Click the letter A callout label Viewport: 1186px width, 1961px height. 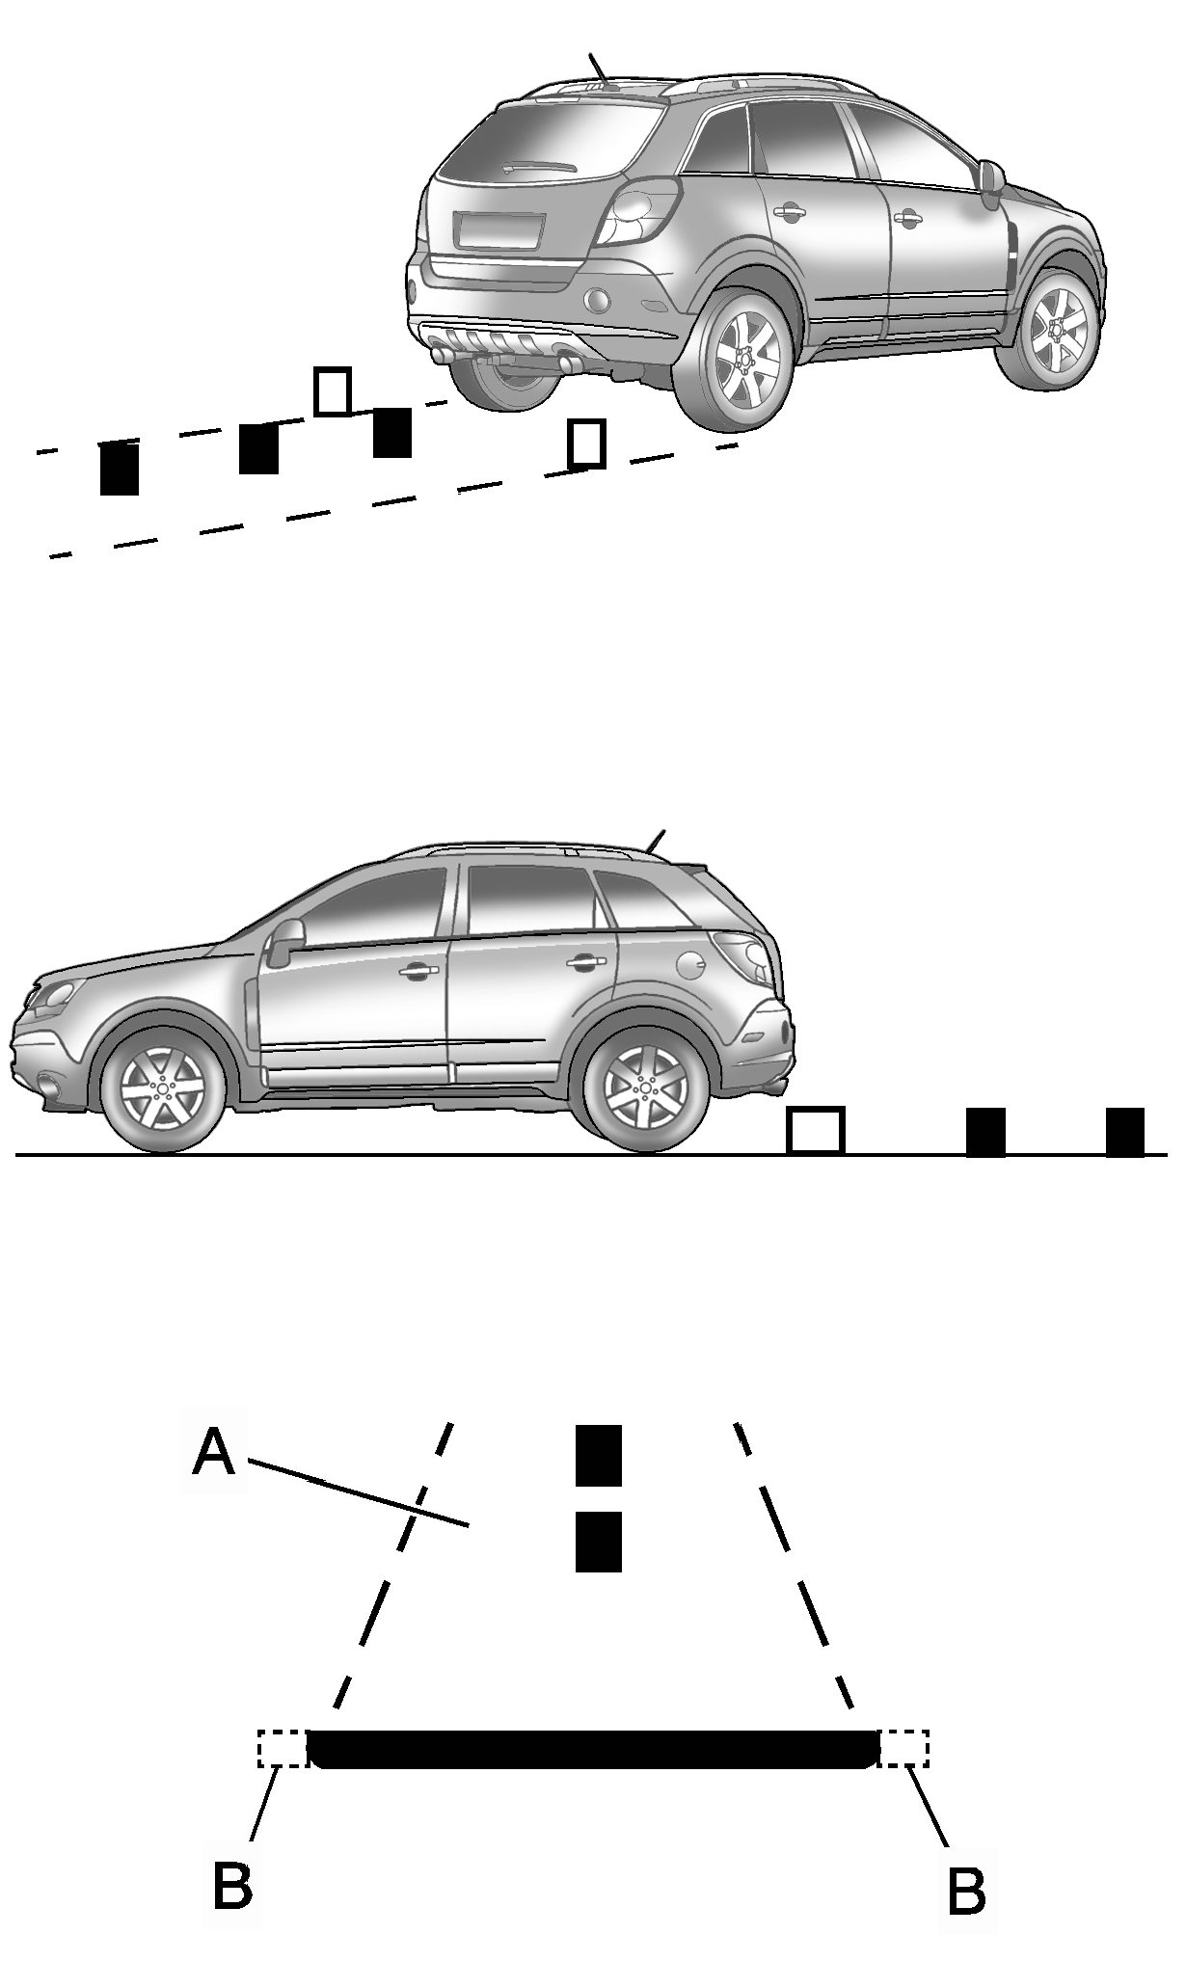(213, 1452)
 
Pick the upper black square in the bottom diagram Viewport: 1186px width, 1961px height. (598, 1455)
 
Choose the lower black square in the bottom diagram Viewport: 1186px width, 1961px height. (598, 1542)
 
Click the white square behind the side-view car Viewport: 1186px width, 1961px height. (816, 1130)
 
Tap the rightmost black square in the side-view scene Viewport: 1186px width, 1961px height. (1124, 1131)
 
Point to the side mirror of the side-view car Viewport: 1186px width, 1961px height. (285, 940)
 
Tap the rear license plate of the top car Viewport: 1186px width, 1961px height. (500, 231)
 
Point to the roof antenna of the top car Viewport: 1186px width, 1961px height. (602, 69)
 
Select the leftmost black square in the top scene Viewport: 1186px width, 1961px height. (120, 469)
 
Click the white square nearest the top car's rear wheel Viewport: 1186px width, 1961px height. (586, 443)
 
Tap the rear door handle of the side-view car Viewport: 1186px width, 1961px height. (580, 961)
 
